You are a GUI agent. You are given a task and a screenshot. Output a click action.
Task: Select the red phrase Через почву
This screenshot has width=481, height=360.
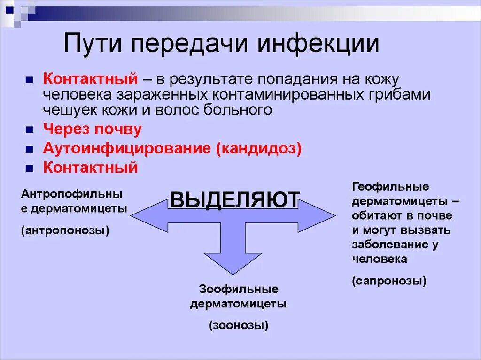pyautogui.click(x=92, y=129)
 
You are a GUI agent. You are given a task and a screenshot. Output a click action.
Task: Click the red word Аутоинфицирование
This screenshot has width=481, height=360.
pyautogui.click(x=127, y=148)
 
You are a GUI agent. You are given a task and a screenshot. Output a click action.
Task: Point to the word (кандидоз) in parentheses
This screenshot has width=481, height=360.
pyautogui.click(x=259, y=148)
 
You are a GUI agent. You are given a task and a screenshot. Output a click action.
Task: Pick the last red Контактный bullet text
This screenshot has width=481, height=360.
pyautogui.click(x=90, y=167)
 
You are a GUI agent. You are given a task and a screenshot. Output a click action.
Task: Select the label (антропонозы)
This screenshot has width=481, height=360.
pyautogui.click(x=65, y=230)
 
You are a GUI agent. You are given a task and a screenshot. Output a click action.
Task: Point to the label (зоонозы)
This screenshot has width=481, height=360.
pyautogui.click(x=239, y=325)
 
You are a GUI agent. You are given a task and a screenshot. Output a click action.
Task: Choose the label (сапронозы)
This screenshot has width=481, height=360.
pyautogui.click(x=389, y=281)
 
